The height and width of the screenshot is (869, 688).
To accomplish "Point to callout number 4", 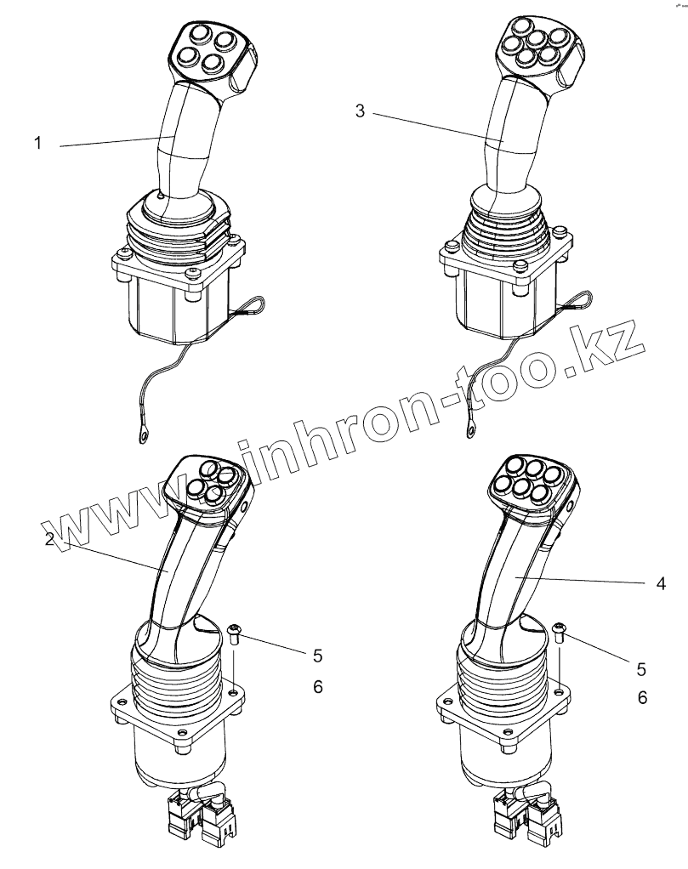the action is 661,584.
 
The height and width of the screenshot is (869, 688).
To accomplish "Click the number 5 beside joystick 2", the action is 317,656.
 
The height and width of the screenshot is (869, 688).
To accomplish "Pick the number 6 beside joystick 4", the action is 643,697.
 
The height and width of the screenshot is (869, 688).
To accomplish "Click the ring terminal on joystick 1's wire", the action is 142,436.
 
